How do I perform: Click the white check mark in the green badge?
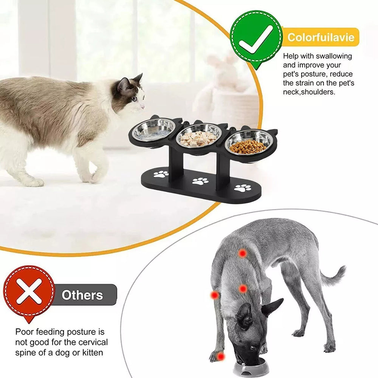click(x=255, y=40)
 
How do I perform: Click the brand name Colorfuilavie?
click(x=321, y=37)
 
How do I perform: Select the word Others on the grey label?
click(x=82, y=295)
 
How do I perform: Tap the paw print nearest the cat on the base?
click(x=161, y=174)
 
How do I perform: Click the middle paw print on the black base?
click(x=200, y=181)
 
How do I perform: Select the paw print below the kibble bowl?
click(x=243, y=188)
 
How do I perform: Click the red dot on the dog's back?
click(x=242, y=253)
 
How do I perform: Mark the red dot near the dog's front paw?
click(x=220, y=356)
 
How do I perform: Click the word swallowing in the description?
click(x=334, y=56)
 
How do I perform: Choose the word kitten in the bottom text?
click(x=93, y=353)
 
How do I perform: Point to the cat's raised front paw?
click(x=95, y=177)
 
